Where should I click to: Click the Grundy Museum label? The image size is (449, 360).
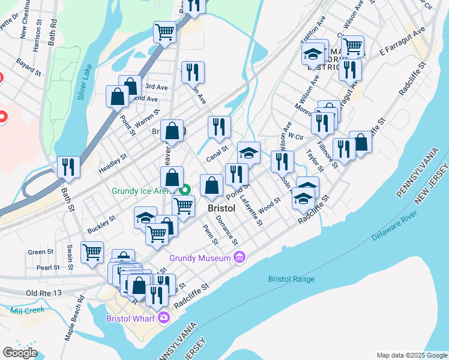click(x=199, y=258)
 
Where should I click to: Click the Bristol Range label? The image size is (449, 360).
click(x=292, y=279)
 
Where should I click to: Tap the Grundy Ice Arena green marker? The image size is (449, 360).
click(x=185, y=191)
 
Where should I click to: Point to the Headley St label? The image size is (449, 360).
click(x=113, y=164)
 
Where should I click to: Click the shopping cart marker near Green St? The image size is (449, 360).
click(x=92, y=252)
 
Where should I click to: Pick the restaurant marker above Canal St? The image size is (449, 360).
click(x=219, y=127)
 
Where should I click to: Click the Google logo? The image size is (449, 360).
click(x=20, y=353)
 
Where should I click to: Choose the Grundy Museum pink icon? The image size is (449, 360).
click(x=240, y=258)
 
